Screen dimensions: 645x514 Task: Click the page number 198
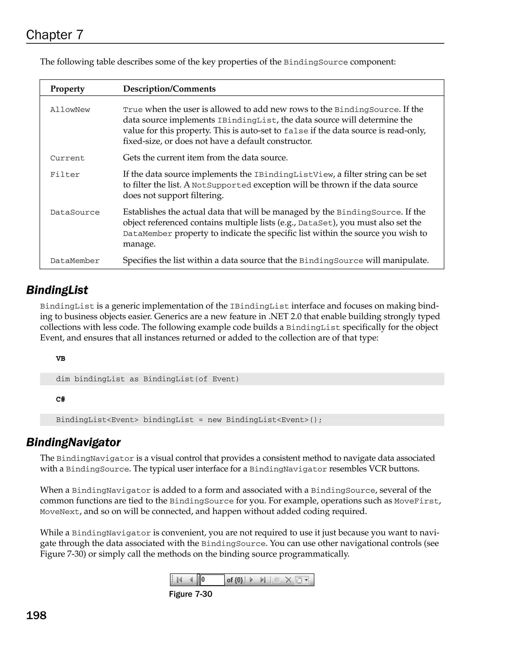36,615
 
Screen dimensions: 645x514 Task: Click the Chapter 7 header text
54,35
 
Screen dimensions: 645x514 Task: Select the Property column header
67,89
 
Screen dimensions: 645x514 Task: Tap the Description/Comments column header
169,89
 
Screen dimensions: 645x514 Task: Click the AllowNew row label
70,110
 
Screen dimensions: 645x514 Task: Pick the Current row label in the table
67,158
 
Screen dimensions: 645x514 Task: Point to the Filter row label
65,175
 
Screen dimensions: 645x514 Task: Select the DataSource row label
75,212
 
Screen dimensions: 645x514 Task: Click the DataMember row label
75,261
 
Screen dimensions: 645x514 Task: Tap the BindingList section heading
57,290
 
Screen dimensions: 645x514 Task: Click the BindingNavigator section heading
73,442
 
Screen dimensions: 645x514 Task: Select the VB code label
60,358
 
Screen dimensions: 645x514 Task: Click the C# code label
60,399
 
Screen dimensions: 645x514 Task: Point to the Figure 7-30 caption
190,594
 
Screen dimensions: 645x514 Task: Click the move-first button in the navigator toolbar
179,580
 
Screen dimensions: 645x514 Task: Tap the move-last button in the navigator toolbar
263,580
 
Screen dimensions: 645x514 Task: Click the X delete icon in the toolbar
288,580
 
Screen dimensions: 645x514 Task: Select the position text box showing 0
212,580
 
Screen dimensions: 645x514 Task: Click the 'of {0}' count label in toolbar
235,580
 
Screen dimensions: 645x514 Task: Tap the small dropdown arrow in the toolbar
306,580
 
